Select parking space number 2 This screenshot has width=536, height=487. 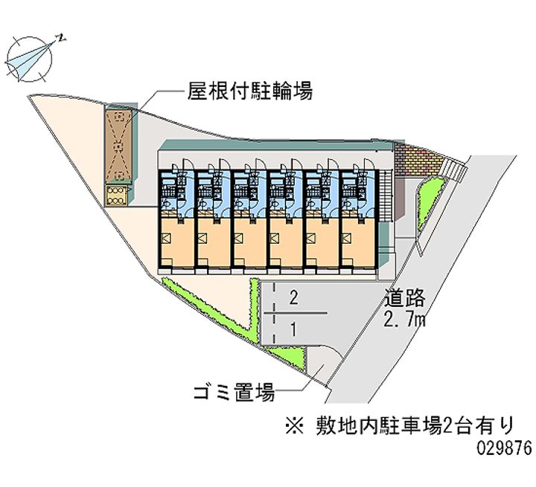coord(294,299)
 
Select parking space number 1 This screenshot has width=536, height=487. coord(294,328)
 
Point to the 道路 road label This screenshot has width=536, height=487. coord(405,300)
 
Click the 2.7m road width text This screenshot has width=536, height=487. coord(405,320)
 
